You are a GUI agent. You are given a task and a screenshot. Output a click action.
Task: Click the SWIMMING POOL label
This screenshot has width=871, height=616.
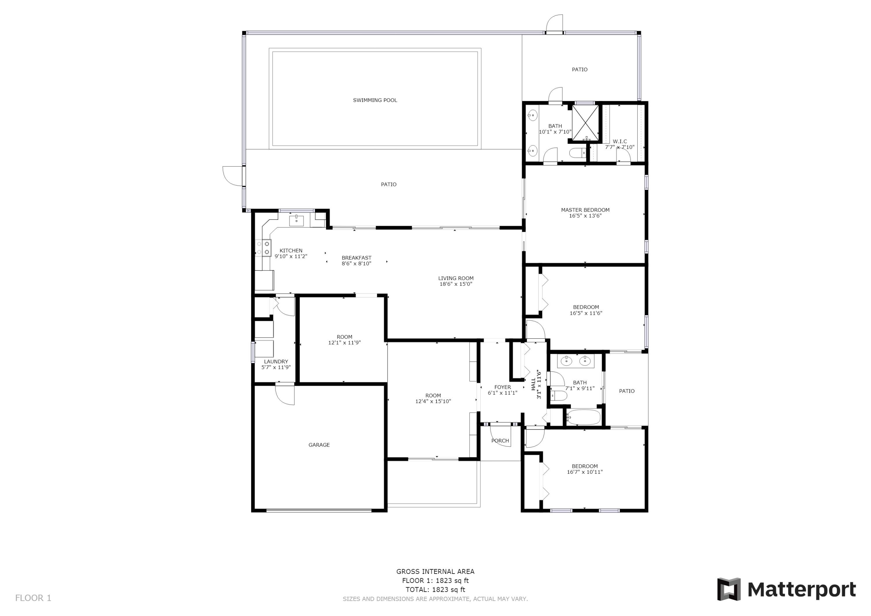375,100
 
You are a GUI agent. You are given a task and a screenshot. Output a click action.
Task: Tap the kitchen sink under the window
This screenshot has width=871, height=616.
296,220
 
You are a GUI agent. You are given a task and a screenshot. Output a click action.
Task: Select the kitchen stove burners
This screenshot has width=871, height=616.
263,248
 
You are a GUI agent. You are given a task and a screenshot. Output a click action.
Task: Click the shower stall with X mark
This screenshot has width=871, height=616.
585,123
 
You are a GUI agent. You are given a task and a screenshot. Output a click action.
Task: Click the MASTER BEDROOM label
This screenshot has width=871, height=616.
585,210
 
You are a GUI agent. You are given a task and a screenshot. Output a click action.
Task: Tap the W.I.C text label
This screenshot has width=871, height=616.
620,141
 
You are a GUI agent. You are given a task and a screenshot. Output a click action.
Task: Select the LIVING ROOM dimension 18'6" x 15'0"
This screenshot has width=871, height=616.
456,284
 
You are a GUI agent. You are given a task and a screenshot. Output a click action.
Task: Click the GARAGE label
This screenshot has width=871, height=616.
319,445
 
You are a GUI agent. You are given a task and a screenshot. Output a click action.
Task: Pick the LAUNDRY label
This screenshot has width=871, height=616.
276,362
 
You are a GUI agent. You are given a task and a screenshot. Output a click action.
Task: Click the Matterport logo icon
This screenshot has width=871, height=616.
728,590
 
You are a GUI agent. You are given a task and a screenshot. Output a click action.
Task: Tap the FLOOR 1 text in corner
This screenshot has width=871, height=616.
33,598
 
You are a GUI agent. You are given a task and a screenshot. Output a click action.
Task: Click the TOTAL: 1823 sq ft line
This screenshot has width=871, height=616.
435,590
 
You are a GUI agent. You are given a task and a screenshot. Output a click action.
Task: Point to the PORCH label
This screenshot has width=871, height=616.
500,441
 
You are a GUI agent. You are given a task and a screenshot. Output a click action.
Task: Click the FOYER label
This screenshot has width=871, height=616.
502,387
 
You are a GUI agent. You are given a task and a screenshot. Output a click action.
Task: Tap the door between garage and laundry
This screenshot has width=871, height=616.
285,395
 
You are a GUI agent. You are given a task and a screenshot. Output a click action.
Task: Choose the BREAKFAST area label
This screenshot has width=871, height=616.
356,258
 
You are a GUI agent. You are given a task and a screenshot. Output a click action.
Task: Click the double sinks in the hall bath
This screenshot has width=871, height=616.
575,360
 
